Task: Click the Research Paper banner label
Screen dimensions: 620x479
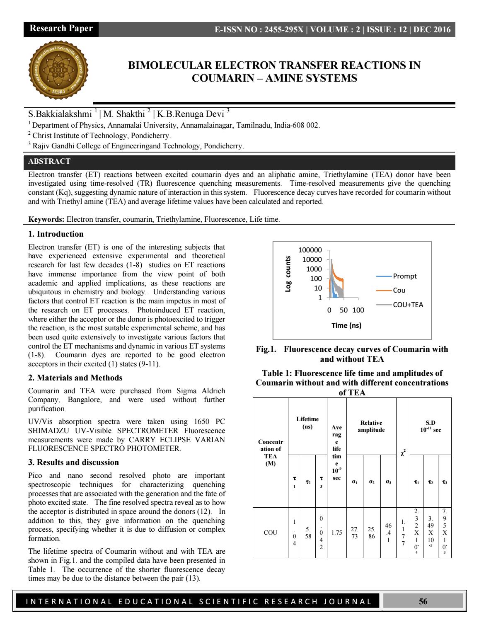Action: point(61,29)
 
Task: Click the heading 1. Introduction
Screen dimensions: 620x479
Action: point(56,234)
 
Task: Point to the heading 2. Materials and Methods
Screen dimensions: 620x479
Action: point(75,378)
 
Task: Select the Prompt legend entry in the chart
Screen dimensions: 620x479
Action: point(404,276)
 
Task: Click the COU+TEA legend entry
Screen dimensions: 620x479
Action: point(408,305)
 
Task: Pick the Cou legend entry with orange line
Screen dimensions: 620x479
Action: point(399,291)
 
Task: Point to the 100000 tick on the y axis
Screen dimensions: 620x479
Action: point(310,250)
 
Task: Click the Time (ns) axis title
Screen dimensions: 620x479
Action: point(346,325)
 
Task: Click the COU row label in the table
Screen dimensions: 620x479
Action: point(270,533)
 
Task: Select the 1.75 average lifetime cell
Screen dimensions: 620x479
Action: point(336,533)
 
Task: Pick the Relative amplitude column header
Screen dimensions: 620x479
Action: point(371,426)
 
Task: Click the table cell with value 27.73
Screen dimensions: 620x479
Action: point(354,533)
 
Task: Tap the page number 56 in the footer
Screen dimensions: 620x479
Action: point(423,602)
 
